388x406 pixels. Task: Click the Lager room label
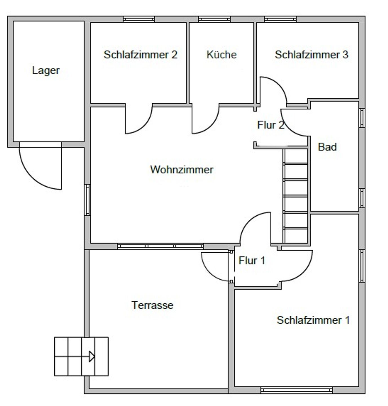46,71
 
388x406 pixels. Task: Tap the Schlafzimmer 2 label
141,55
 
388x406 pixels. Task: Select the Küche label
222,55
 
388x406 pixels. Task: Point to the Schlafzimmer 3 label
311,55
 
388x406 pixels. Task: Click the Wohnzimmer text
182,170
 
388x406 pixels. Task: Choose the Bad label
327,147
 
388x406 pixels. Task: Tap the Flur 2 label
271,125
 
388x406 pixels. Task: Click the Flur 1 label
252,261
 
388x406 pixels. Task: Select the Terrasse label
152,305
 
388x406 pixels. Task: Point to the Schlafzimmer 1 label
313,320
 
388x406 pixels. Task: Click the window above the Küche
214,20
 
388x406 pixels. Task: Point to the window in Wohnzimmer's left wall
88,200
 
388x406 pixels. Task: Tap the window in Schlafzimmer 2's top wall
139,20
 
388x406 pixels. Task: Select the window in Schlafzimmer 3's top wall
280,20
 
